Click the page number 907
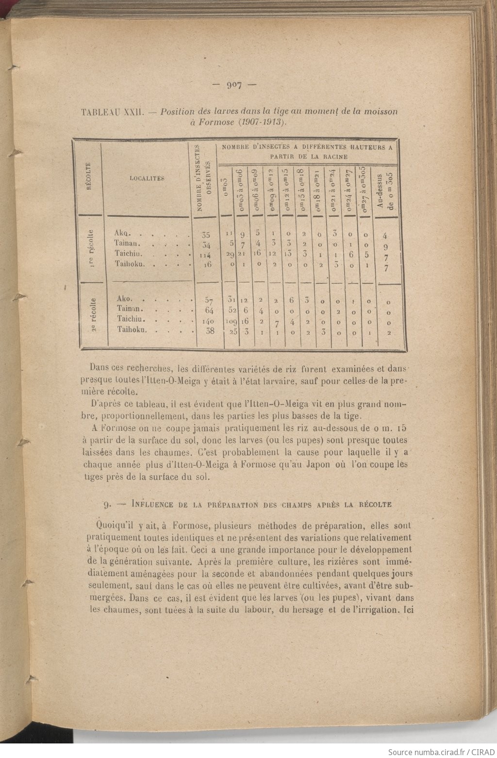234,86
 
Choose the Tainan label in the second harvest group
128,308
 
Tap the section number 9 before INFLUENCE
106,504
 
